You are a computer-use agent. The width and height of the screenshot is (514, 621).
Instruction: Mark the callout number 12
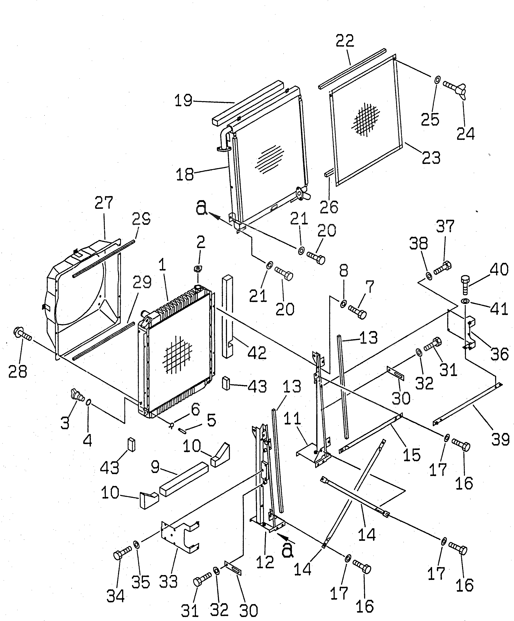(265, 561)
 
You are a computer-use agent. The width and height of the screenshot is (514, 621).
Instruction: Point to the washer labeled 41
(465, 301)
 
